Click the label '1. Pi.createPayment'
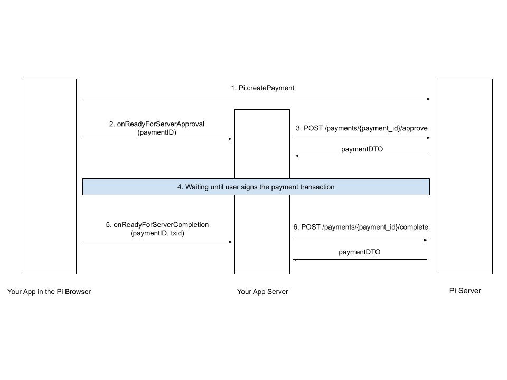(x=262, y=88)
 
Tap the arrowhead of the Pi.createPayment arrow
(x=428, y=99)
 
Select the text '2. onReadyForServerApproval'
(x=157, y=124)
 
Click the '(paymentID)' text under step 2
(x=157, y=133)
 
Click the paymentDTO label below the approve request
(x=362, y=149)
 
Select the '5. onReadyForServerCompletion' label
(x=157, y=224)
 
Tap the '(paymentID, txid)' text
(x=157, y=233)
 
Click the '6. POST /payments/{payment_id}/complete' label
(x=361, y=227)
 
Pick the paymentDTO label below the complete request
(x=359, y=252)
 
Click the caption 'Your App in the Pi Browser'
(x=49, y=291)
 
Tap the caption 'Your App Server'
(x=262, y=291)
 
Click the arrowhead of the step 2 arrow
(x=230, y=139)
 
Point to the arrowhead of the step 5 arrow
(x=230, y=242)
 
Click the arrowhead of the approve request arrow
(x=428, y=138)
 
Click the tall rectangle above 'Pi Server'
(x=465, y=177)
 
